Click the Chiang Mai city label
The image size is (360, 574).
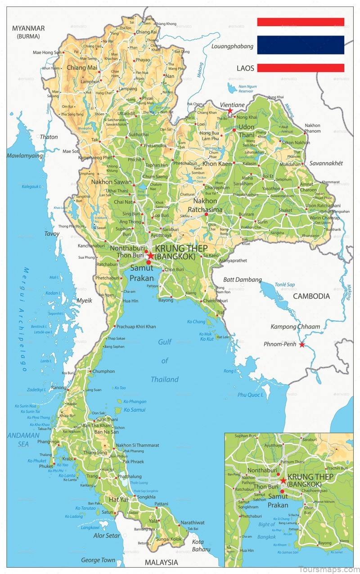tap(82, 67)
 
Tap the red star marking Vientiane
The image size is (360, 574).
tap(230, 111)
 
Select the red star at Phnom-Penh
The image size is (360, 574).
tap(302, 345)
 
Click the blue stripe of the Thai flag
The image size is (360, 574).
tap(301, 45)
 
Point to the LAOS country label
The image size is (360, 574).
tap(245, 68)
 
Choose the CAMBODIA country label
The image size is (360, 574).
tap(311, 296)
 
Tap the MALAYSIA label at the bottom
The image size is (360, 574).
tap(161, 562)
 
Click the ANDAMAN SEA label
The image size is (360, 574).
tap(23, 439)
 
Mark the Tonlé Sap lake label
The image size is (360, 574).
tap(284, 285)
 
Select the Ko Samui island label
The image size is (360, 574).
tap(135, 409)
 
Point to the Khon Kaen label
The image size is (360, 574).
tap(217, 164)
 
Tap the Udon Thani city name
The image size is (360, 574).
tap(246, 131)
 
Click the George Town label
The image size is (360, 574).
tap(98, 560)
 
